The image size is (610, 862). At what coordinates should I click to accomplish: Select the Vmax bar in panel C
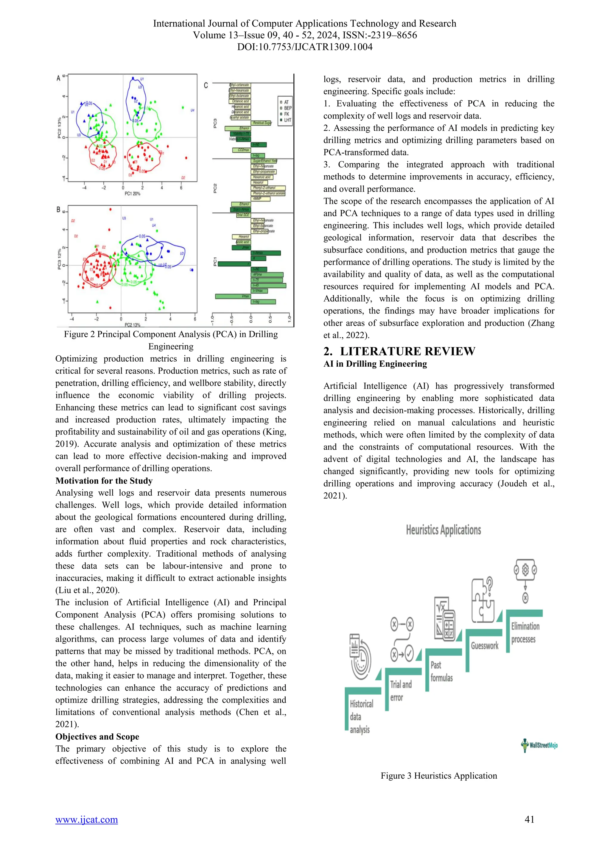pyautogui.click(x=233, y=296)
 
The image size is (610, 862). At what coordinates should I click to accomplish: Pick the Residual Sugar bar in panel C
pyautogui.click(x=262, y=123)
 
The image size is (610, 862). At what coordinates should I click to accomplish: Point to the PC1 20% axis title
pyautogui.click(x=132, y=194)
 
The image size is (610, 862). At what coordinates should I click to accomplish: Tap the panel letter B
pyautogui.click(x=59, y=210)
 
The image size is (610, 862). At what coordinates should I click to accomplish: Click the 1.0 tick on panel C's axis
pyautogui.click(x=289, y=319)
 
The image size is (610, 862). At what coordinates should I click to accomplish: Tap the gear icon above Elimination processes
pyautogui.click(x=525, y=570)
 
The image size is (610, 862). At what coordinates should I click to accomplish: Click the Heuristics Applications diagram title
pyautogui.click(x=443, y=530)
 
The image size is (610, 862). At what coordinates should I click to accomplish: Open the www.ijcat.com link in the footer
pyautogui.click(x=86, y=819)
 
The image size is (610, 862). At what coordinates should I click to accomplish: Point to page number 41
pyautogui.click(x=529, y=819)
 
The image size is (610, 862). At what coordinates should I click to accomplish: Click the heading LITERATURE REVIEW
pyautogui.click(x=407, y=352)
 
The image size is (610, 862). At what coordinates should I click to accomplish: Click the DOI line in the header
pyautogui.click(x=305, y=47)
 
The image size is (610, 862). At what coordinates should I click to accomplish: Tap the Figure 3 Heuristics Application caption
pyautogui.click(x=438, y=776)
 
